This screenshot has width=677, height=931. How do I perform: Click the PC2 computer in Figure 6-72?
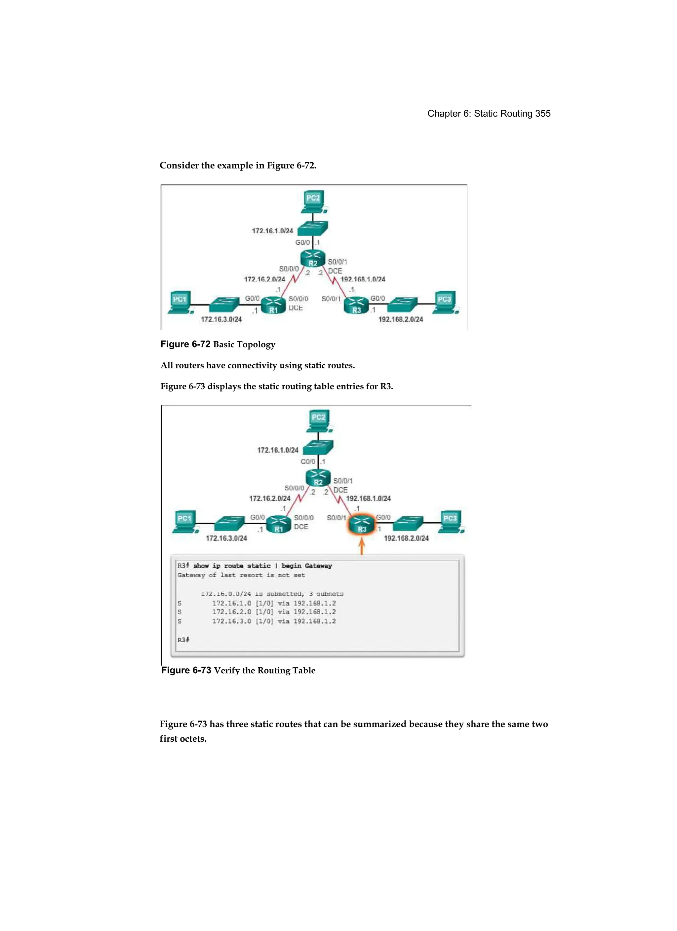coord(313,201)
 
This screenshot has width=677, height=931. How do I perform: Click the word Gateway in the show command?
coord(318,566)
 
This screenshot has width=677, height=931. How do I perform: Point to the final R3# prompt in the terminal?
coord(183,640)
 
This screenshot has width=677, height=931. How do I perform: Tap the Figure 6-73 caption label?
coord(186,670)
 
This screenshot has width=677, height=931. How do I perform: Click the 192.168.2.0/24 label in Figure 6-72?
coord(401,319)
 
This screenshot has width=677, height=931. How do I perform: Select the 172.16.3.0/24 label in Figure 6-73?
coord(226,538)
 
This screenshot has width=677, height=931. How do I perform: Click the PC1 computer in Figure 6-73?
coord(185,522)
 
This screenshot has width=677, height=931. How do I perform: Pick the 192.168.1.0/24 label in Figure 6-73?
coord(369,498)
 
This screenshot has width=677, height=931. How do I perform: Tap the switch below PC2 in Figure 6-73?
coord(318,447)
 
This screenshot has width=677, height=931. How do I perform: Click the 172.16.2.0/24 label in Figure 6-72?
coord(264,279)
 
